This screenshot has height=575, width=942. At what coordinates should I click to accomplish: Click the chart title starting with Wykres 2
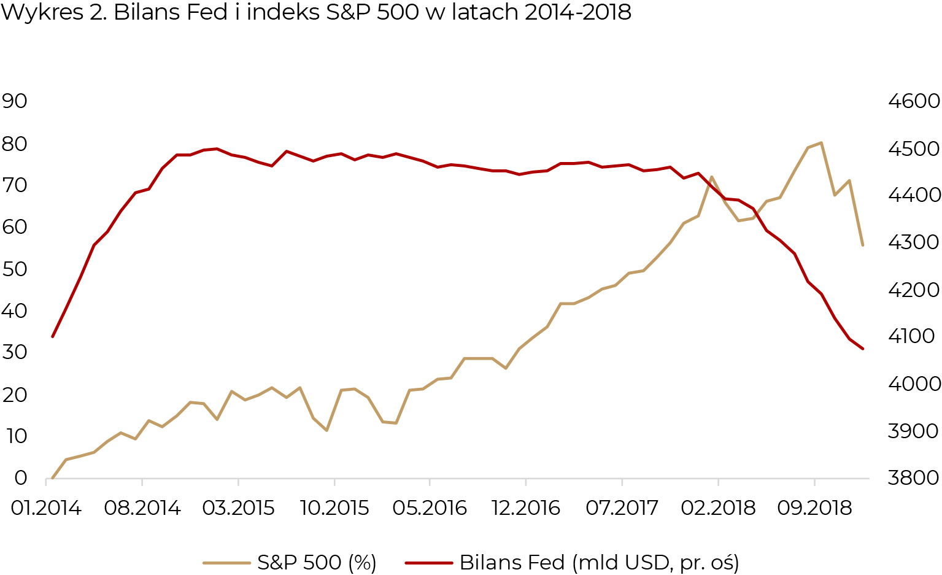point(315,12)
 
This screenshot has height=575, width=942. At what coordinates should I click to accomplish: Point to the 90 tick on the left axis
point(15,101)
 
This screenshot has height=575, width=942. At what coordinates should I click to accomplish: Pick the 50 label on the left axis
point(15,268)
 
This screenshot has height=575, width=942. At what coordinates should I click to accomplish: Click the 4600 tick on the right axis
point(914,101)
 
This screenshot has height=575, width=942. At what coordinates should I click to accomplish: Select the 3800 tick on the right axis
point(914,477)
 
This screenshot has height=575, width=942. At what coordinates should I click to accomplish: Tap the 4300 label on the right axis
point(914,242)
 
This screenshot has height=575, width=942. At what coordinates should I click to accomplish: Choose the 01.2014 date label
point(46,508)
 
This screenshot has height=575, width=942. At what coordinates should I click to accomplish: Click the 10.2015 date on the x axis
point(334,508)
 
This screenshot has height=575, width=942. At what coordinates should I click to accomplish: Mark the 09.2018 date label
point(814,508)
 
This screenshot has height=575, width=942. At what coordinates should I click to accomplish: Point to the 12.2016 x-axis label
point(526,508)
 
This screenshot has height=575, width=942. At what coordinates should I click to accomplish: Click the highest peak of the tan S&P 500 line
point(821,143)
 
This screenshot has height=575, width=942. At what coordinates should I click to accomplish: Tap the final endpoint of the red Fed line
point(863,349)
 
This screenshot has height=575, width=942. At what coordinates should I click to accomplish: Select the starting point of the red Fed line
point(53,336)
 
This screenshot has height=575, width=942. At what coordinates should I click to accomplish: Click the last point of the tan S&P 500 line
point(863,245)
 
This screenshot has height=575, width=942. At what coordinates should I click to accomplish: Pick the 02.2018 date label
point(718,508)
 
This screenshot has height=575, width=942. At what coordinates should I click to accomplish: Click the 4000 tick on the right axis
point(914,384)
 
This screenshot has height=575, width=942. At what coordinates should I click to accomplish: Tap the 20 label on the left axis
point(15,394)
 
